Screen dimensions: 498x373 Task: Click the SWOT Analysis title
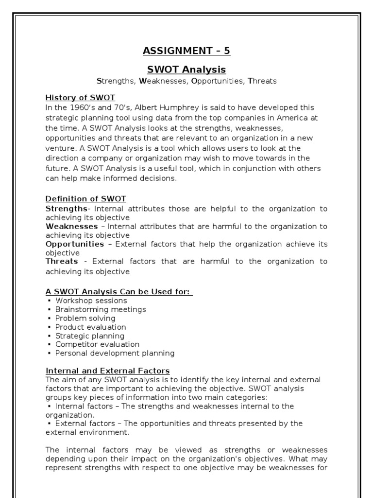[x=186, y=69]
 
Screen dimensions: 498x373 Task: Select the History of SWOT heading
[x=80, y=98]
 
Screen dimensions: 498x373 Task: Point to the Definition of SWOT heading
[x=85, y=199]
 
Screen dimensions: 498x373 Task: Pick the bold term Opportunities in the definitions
[x=75, y=244]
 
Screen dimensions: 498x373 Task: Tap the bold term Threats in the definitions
[x=62, y=261]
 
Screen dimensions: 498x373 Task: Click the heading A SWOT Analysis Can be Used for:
[x=119, y=292]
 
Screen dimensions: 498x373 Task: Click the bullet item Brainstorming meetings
[x=101, y=309]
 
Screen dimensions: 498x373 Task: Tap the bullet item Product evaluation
[x=91, y=327]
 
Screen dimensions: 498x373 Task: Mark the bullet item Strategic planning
[x=90, y=336]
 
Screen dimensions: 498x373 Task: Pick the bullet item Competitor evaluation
[x=97, y=344]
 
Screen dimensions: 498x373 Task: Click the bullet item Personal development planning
[x=115, y=353]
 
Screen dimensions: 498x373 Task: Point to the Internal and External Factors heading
[x=107, y=371]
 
